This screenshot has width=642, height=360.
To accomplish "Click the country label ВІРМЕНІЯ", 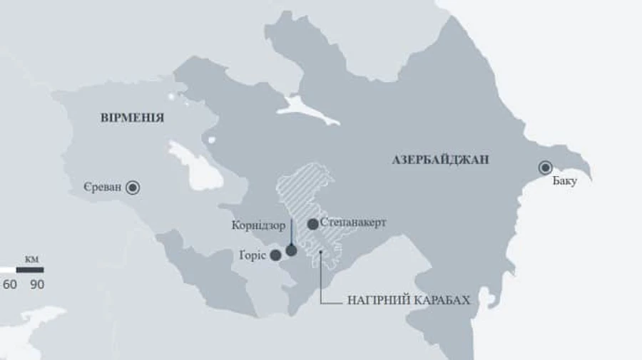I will [x=132, y=118].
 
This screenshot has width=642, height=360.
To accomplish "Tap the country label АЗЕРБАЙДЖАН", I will [x=440, y=160].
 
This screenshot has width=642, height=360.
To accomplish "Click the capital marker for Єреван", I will [x=133, y=188].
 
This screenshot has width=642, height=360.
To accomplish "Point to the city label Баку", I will [x=564, y=182].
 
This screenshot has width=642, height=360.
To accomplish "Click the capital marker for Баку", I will [x=546, y=168].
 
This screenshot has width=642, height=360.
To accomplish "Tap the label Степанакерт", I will [x=353, y=222].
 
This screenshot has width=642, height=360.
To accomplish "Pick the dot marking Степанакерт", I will [x=312, y=224].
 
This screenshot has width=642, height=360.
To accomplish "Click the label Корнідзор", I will [x=258, y=226].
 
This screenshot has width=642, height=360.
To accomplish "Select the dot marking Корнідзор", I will [x=291, y=250].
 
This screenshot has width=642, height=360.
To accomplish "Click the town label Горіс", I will [x=253, y=254].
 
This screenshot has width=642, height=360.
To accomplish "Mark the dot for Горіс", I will [x=275, y=255].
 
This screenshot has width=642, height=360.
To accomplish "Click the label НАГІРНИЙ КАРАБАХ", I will [x=409, y=300].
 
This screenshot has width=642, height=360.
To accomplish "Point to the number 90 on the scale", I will [x=37, y=284].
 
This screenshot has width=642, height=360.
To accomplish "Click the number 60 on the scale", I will [x=10, y=284].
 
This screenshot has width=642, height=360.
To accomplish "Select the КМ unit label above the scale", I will [x=31, y=259].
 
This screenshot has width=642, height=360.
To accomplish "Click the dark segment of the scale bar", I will [x=30, y=270].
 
